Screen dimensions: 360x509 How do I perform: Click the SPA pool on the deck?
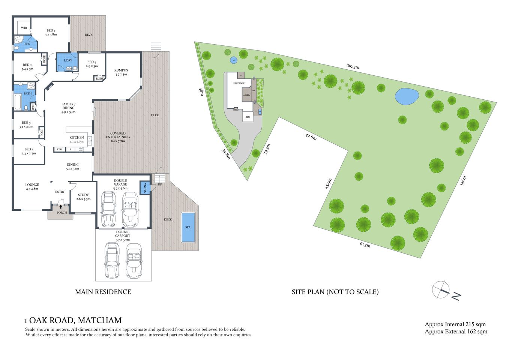pyautogui.click(x=188, y=227)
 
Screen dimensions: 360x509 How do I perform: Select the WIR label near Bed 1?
pyautogui.click(x=24, y=28)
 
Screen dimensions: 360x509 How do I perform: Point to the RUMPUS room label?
pyautogui.click(x=121, y=70)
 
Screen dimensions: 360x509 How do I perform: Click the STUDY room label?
pyautogui.click(x=83, y=195)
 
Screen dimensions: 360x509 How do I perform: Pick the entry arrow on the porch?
pyautogui.click(x=61, y=207)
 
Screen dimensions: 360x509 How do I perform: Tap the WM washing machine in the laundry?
pyautogui.click(x=69, y=69)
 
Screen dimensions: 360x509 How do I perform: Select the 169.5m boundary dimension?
pyautogui.click(x=353, y=66)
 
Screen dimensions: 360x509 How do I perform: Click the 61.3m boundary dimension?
pyautogui.click(x=365, y=245)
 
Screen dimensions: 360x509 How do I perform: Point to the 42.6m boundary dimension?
pyautogui.click(x=311, y=136)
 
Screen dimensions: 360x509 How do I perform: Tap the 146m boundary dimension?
pyautogui.click(x=463, y=181)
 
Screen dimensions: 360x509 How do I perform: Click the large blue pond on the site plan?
pyautogui.click(x=407, y=97)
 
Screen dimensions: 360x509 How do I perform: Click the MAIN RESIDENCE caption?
pyautogui.click(x=103, y=292)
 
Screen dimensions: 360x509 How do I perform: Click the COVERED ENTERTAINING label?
pyautogui.click(x=118, y=135)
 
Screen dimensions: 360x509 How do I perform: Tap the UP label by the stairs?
pyautogui.click(x=160, y=184)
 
